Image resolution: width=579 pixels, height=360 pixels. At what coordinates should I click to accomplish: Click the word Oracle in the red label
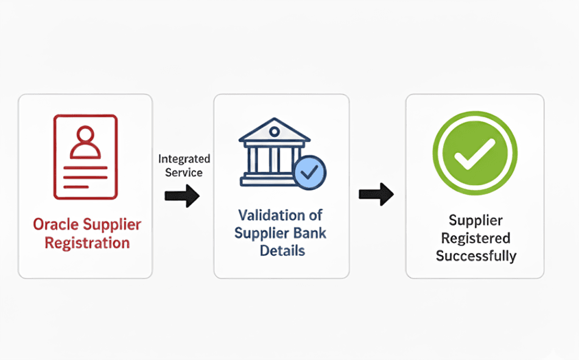56,224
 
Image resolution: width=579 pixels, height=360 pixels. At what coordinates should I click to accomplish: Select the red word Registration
87,243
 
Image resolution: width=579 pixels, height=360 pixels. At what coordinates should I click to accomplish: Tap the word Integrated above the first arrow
184,159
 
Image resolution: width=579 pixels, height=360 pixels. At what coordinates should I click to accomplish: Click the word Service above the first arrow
184,172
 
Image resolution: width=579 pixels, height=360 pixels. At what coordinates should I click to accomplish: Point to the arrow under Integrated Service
182,196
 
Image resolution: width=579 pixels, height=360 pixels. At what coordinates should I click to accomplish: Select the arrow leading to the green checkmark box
376,194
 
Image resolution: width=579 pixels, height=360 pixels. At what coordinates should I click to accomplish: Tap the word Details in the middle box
282,250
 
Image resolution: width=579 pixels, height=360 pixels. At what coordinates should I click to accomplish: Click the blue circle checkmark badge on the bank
310,172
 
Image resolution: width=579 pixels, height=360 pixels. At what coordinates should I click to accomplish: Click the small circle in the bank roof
275,131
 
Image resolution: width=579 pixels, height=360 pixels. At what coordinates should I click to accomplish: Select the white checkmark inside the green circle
474,154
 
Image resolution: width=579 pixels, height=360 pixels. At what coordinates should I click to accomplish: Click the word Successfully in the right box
476,256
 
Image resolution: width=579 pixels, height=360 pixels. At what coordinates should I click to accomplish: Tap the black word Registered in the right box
475,238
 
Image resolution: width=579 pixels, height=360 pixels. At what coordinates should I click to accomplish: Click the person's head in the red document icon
85,134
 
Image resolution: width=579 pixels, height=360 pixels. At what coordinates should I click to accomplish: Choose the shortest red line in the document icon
76,186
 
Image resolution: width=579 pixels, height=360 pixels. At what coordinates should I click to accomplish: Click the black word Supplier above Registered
475,221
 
